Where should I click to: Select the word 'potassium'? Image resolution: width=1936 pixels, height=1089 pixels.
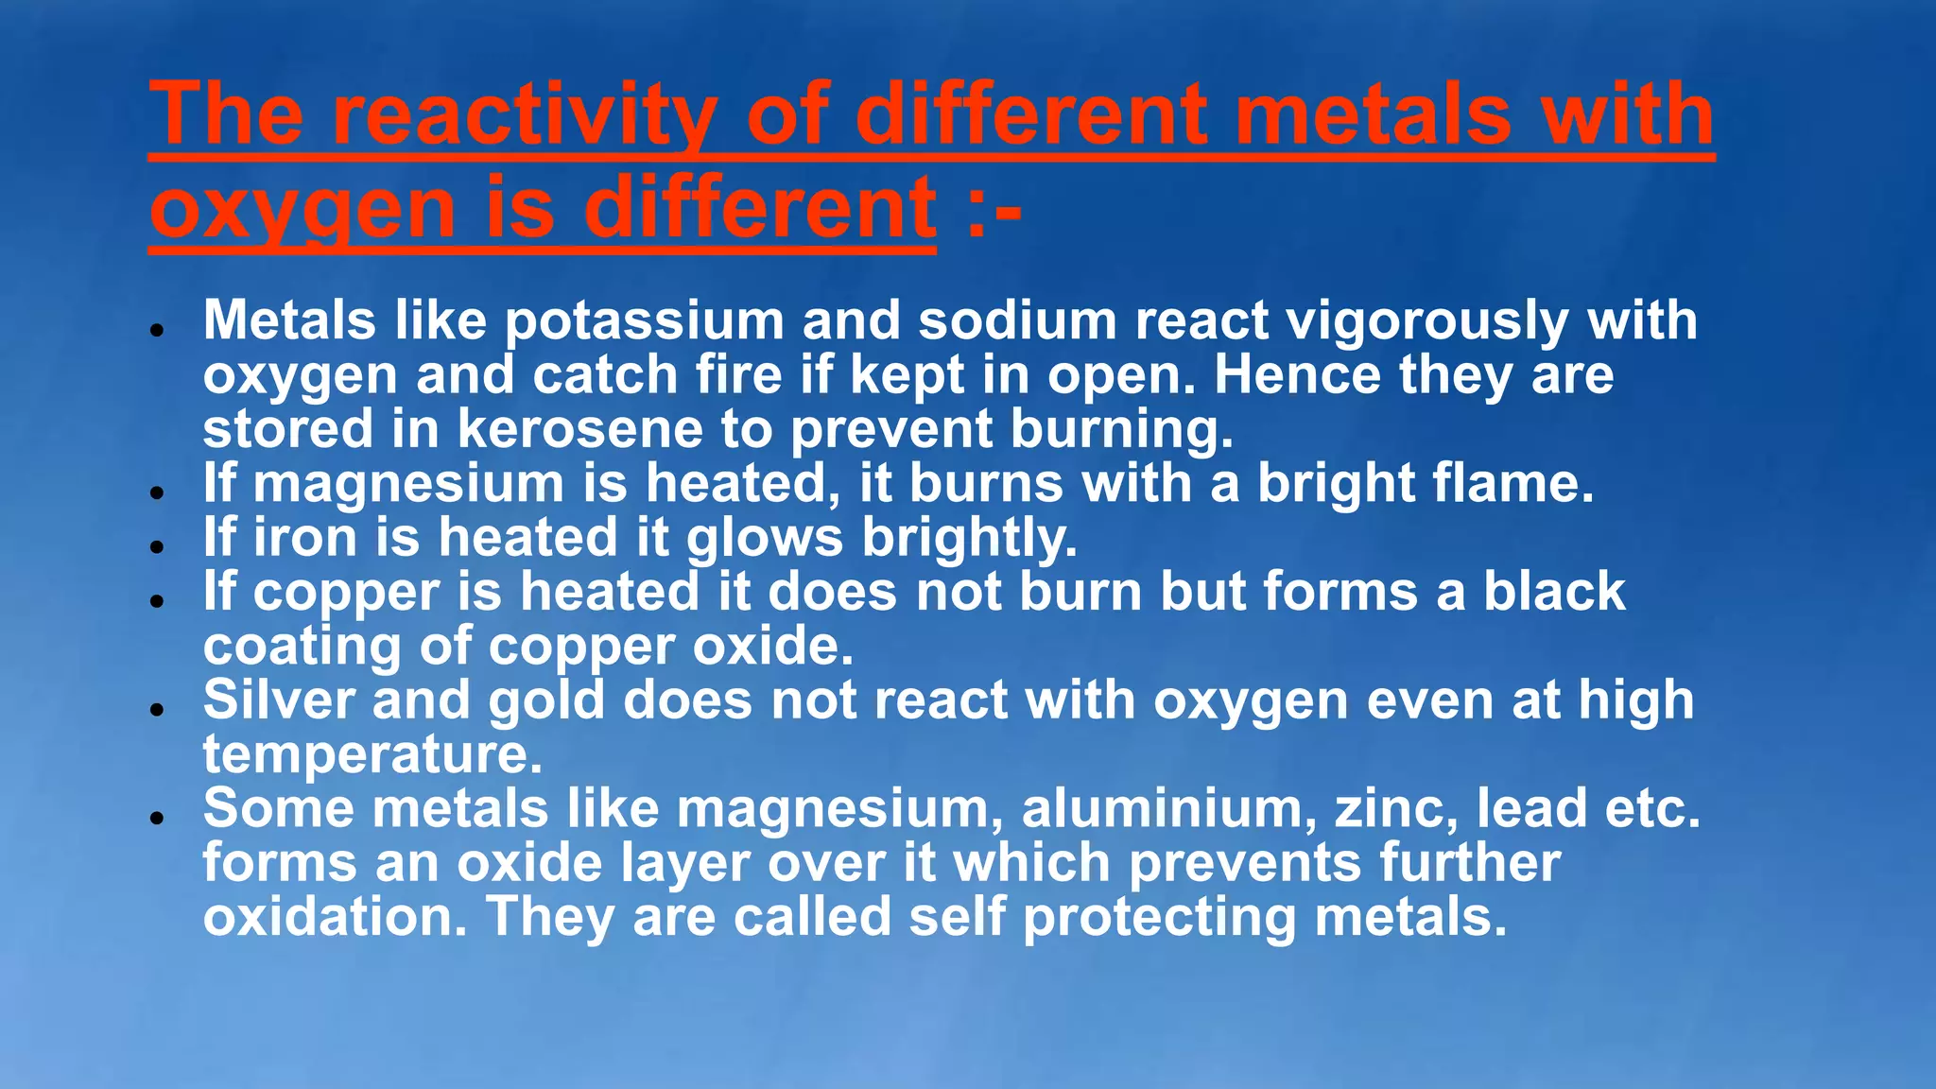(x=644, y=321)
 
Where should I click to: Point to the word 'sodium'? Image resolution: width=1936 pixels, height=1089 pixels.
(x=1017, y=321)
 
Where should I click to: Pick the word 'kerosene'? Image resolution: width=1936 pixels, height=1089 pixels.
(x=580, y=429)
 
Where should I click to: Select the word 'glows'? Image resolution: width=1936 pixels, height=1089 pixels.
(x=764, y=539)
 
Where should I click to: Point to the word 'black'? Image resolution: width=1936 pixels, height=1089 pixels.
(x=1553, y=592)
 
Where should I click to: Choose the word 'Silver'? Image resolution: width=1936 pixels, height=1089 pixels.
(x=278, y=700)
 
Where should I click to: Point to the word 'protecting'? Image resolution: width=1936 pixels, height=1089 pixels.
(x=1159, y=918)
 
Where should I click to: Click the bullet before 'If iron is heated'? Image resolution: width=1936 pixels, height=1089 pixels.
(x=158, y=546)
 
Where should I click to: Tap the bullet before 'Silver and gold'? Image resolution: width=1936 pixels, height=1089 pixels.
(x=158, y=709)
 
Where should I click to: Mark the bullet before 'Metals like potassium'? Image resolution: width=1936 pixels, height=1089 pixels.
(x=158, y=330)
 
